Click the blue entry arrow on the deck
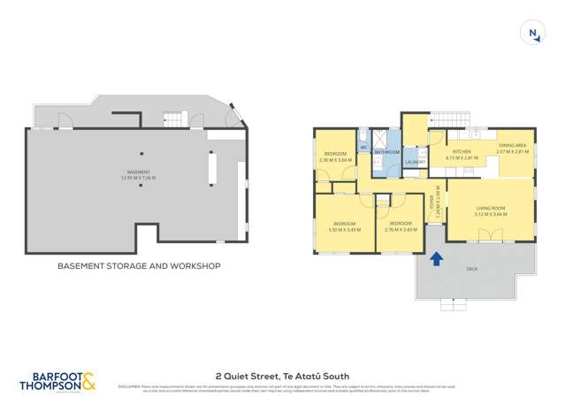tap(435, 258)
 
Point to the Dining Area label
tap(511, 145)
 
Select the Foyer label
tap(432, 204)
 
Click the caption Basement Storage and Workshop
tap(139, 265)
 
